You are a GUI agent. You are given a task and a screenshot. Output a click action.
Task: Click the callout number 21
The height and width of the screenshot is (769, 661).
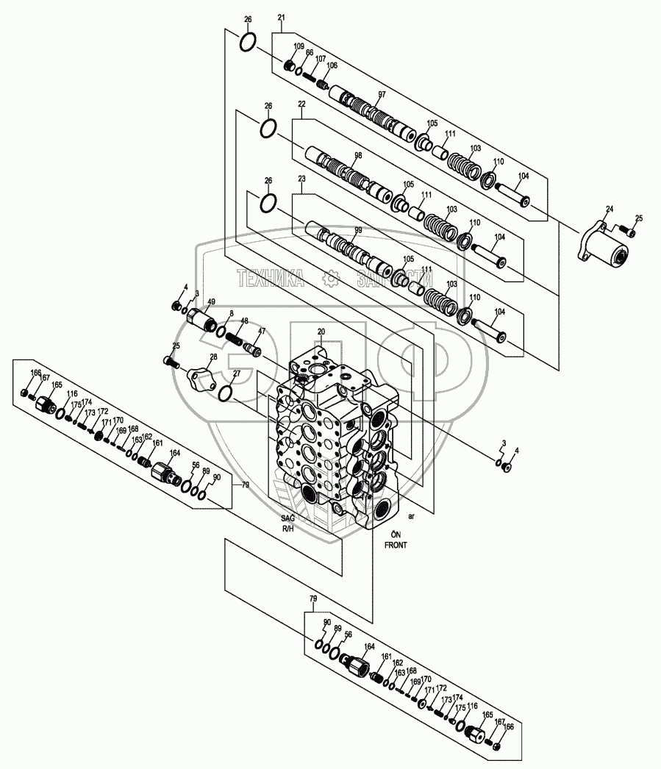282,18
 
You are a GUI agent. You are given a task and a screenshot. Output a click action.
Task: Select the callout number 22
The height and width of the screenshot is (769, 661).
301,105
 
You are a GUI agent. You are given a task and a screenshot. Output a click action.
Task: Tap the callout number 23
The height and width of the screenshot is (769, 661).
301,179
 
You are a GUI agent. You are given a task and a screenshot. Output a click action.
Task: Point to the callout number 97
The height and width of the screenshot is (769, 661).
382,95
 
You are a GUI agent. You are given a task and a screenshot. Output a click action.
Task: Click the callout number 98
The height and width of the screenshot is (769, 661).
358,156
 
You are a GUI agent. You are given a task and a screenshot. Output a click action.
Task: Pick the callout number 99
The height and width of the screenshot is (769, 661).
358,231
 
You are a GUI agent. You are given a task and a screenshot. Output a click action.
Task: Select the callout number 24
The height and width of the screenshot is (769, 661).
609,210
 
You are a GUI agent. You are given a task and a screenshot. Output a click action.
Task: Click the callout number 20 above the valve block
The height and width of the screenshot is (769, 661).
321,332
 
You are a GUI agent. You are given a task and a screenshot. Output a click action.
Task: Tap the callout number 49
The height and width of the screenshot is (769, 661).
212,302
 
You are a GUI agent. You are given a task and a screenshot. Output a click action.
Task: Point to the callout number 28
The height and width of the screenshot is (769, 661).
213,357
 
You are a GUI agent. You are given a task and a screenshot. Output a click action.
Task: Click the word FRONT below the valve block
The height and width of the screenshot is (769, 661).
394,546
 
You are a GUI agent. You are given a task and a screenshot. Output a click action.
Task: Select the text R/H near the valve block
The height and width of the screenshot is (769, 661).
287,529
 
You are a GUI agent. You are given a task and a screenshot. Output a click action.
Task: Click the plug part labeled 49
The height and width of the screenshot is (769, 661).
200,320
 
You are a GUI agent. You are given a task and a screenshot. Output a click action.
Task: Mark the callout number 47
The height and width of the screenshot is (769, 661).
261,332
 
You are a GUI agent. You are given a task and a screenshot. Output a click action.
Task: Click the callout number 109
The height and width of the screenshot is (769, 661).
299,47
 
